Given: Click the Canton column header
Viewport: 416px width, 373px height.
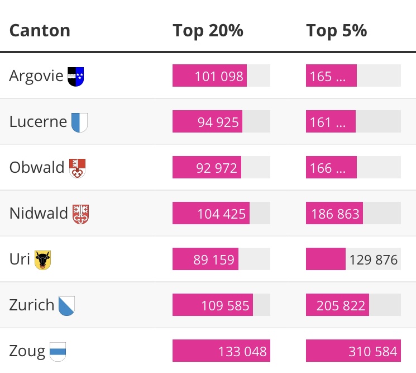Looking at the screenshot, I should click(40, 31).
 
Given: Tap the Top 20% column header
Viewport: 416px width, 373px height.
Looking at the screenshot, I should click(208, 31).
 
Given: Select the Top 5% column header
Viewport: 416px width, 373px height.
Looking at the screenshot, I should click(336, 31).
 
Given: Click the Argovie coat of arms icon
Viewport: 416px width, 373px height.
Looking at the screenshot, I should click(75, 77).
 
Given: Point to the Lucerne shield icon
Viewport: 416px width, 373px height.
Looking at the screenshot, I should click(79, 122).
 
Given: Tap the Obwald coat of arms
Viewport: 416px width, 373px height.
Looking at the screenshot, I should click(77, 168).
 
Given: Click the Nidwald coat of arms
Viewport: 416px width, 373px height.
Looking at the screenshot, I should click(80, 214).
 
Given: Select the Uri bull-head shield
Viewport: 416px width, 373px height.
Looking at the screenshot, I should click(42, 260).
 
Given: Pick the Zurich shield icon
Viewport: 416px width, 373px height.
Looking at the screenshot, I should click(66, 306).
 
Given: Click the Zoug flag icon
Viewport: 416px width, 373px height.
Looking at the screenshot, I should click(58, 351).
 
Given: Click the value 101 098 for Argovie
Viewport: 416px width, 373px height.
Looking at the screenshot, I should click(219, 76).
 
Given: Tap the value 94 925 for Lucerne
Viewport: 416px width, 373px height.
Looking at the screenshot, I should click(218, 122).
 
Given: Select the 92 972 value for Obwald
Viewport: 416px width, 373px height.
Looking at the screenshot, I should click(217, 168).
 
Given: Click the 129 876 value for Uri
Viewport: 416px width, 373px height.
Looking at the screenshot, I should click(373, 259).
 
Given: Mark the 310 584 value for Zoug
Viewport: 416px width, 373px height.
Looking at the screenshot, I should click(373, 351).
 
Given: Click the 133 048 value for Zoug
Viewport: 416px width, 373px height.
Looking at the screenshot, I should click(242, 351).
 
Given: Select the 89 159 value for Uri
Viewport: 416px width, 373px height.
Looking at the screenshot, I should click(214, 259).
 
